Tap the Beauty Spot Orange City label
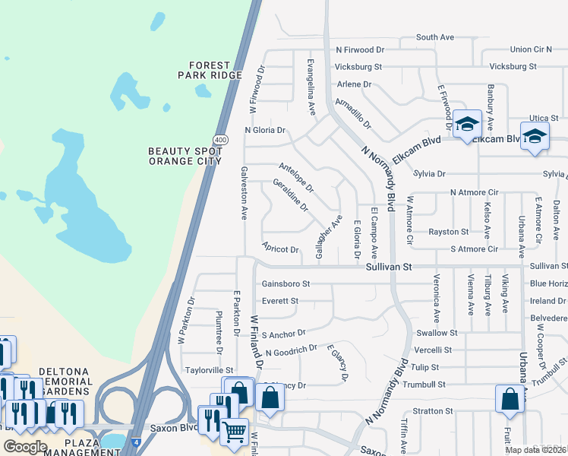(185, 156)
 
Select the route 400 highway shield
(220, 140)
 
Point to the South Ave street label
(434, 37)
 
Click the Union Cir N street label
(531, 49)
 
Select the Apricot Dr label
(280, 249)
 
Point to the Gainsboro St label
(286, 284)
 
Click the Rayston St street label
(448, 232)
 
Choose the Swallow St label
(437, 333)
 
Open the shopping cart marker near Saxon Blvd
(234, 430)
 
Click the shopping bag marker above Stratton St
(509, 397)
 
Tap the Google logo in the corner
(25, 447)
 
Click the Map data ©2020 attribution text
(535, 450)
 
